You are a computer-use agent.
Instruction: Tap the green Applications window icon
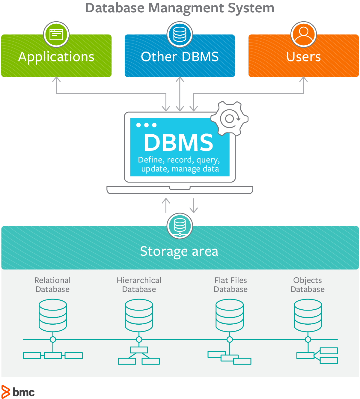56,34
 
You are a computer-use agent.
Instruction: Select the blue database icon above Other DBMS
180,34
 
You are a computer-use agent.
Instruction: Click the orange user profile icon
303,34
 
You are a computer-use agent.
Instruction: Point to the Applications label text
56,57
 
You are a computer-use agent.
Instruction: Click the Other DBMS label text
180,57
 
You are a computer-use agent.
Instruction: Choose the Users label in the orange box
303,57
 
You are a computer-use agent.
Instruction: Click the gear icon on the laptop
230,118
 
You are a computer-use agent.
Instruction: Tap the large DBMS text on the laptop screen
178,142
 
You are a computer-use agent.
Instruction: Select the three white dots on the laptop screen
146,125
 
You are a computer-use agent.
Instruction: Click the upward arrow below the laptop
166,205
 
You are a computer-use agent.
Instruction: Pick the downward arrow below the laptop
194,206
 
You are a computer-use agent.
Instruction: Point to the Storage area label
179,251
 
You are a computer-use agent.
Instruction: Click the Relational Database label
52,285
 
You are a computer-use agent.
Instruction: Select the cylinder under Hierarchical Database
139,315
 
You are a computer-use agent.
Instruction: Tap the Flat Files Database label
231,285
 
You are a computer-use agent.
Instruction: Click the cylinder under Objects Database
308,315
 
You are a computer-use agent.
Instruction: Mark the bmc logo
18,392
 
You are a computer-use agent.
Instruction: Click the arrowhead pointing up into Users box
303,80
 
